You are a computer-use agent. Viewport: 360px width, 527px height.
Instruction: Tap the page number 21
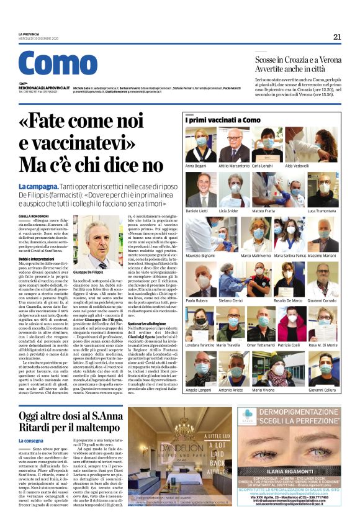pos(337,37)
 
